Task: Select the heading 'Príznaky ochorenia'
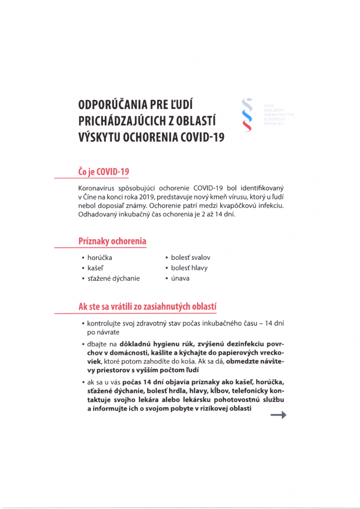pos(112,242)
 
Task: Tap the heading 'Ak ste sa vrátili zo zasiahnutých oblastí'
pos(147,306)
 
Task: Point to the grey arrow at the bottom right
pos(278,416)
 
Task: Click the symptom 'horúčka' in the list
pos(99,257)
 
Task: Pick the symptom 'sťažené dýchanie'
pos(113,278)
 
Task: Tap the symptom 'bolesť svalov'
pos(190,257)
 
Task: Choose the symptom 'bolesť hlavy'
pos(189,268)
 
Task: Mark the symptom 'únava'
pos(181,278)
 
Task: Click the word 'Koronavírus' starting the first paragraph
pos(99,189)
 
